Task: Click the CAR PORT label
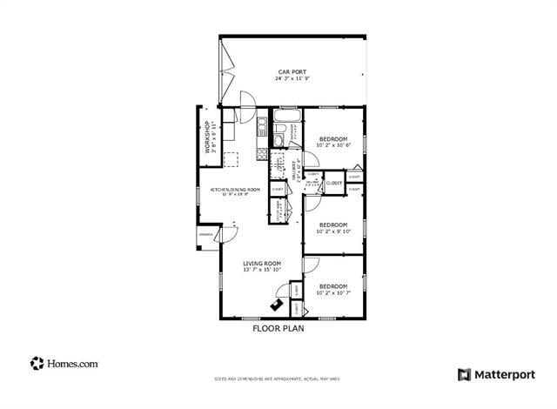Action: coord(292,71)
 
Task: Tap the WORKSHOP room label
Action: coord(207,137)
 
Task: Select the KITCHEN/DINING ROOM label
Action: coord(235,189)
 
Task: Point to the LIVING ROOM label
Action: coord(262,263)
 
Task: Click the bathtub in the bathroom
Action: coord(286,115)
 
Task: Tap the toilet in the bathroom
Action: coord(278,139)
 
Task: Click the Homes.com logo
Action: coord(64,364)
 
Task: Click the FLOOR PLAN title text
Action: coord(278,329)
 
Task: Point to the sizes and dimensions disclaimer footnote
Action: coord(278,379)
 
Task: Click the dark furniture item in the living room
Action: coord(278,305)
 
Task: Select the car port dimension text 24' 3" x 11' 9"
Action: coord(292,78)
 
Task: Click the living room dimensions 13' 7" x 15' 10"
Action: coord(262,270)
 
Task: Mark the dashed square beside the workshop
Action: coord(232,159)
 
